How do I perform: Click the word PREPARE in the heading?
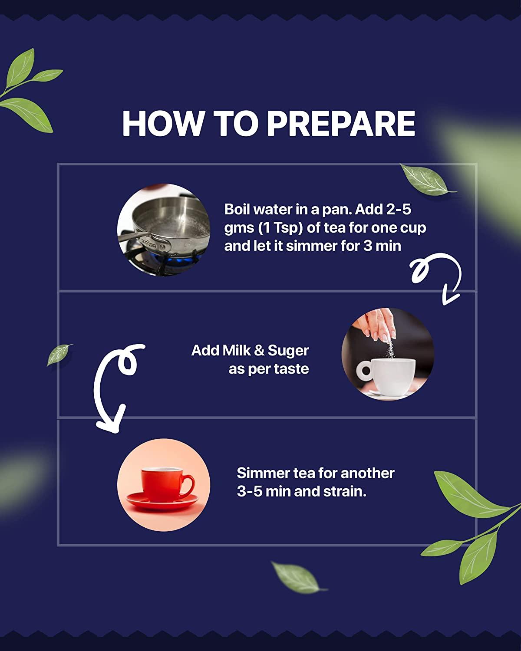(341, 124)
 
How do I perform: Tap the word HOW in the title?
(163, 124)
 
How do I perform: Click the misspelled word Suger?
(288, 351)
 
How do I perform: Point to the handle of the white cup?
(364, 370)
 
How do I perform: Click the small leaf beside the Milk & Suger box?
(59, 355)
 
